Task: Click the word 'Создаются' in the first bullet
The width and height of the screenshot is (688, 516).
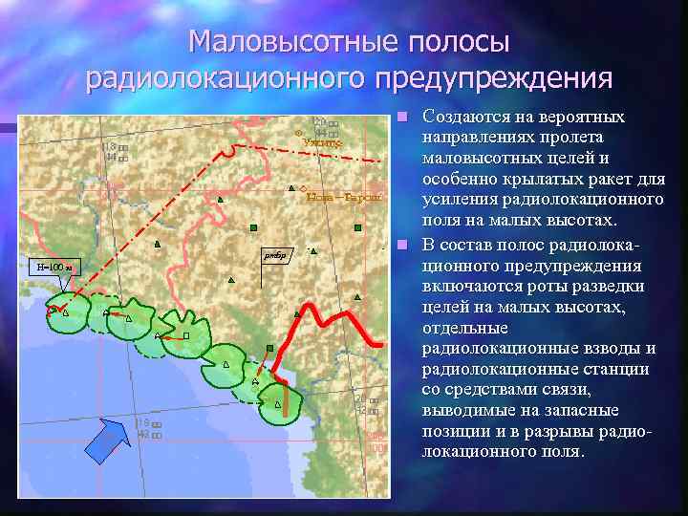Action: (464, 118)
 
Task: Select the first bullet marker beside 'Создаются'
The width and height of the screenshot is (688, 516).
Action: (404, 117)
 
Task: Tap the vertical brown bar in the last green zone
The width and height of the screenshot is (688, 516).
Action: (284, 402)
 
